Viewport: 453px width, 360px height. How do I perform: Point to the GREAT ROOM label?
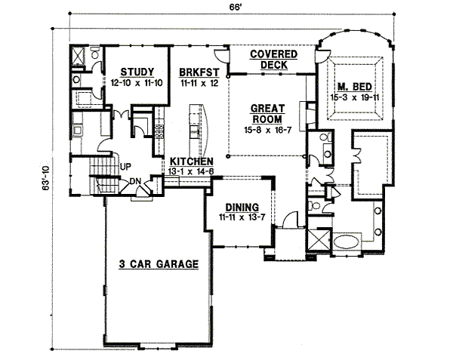click(x=267, y=113)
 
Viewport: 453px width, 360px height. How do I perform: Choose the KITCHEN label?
click(x=190, y=162)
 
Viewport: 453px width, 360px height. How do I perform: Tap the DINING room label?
click(x=242, y=207)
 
